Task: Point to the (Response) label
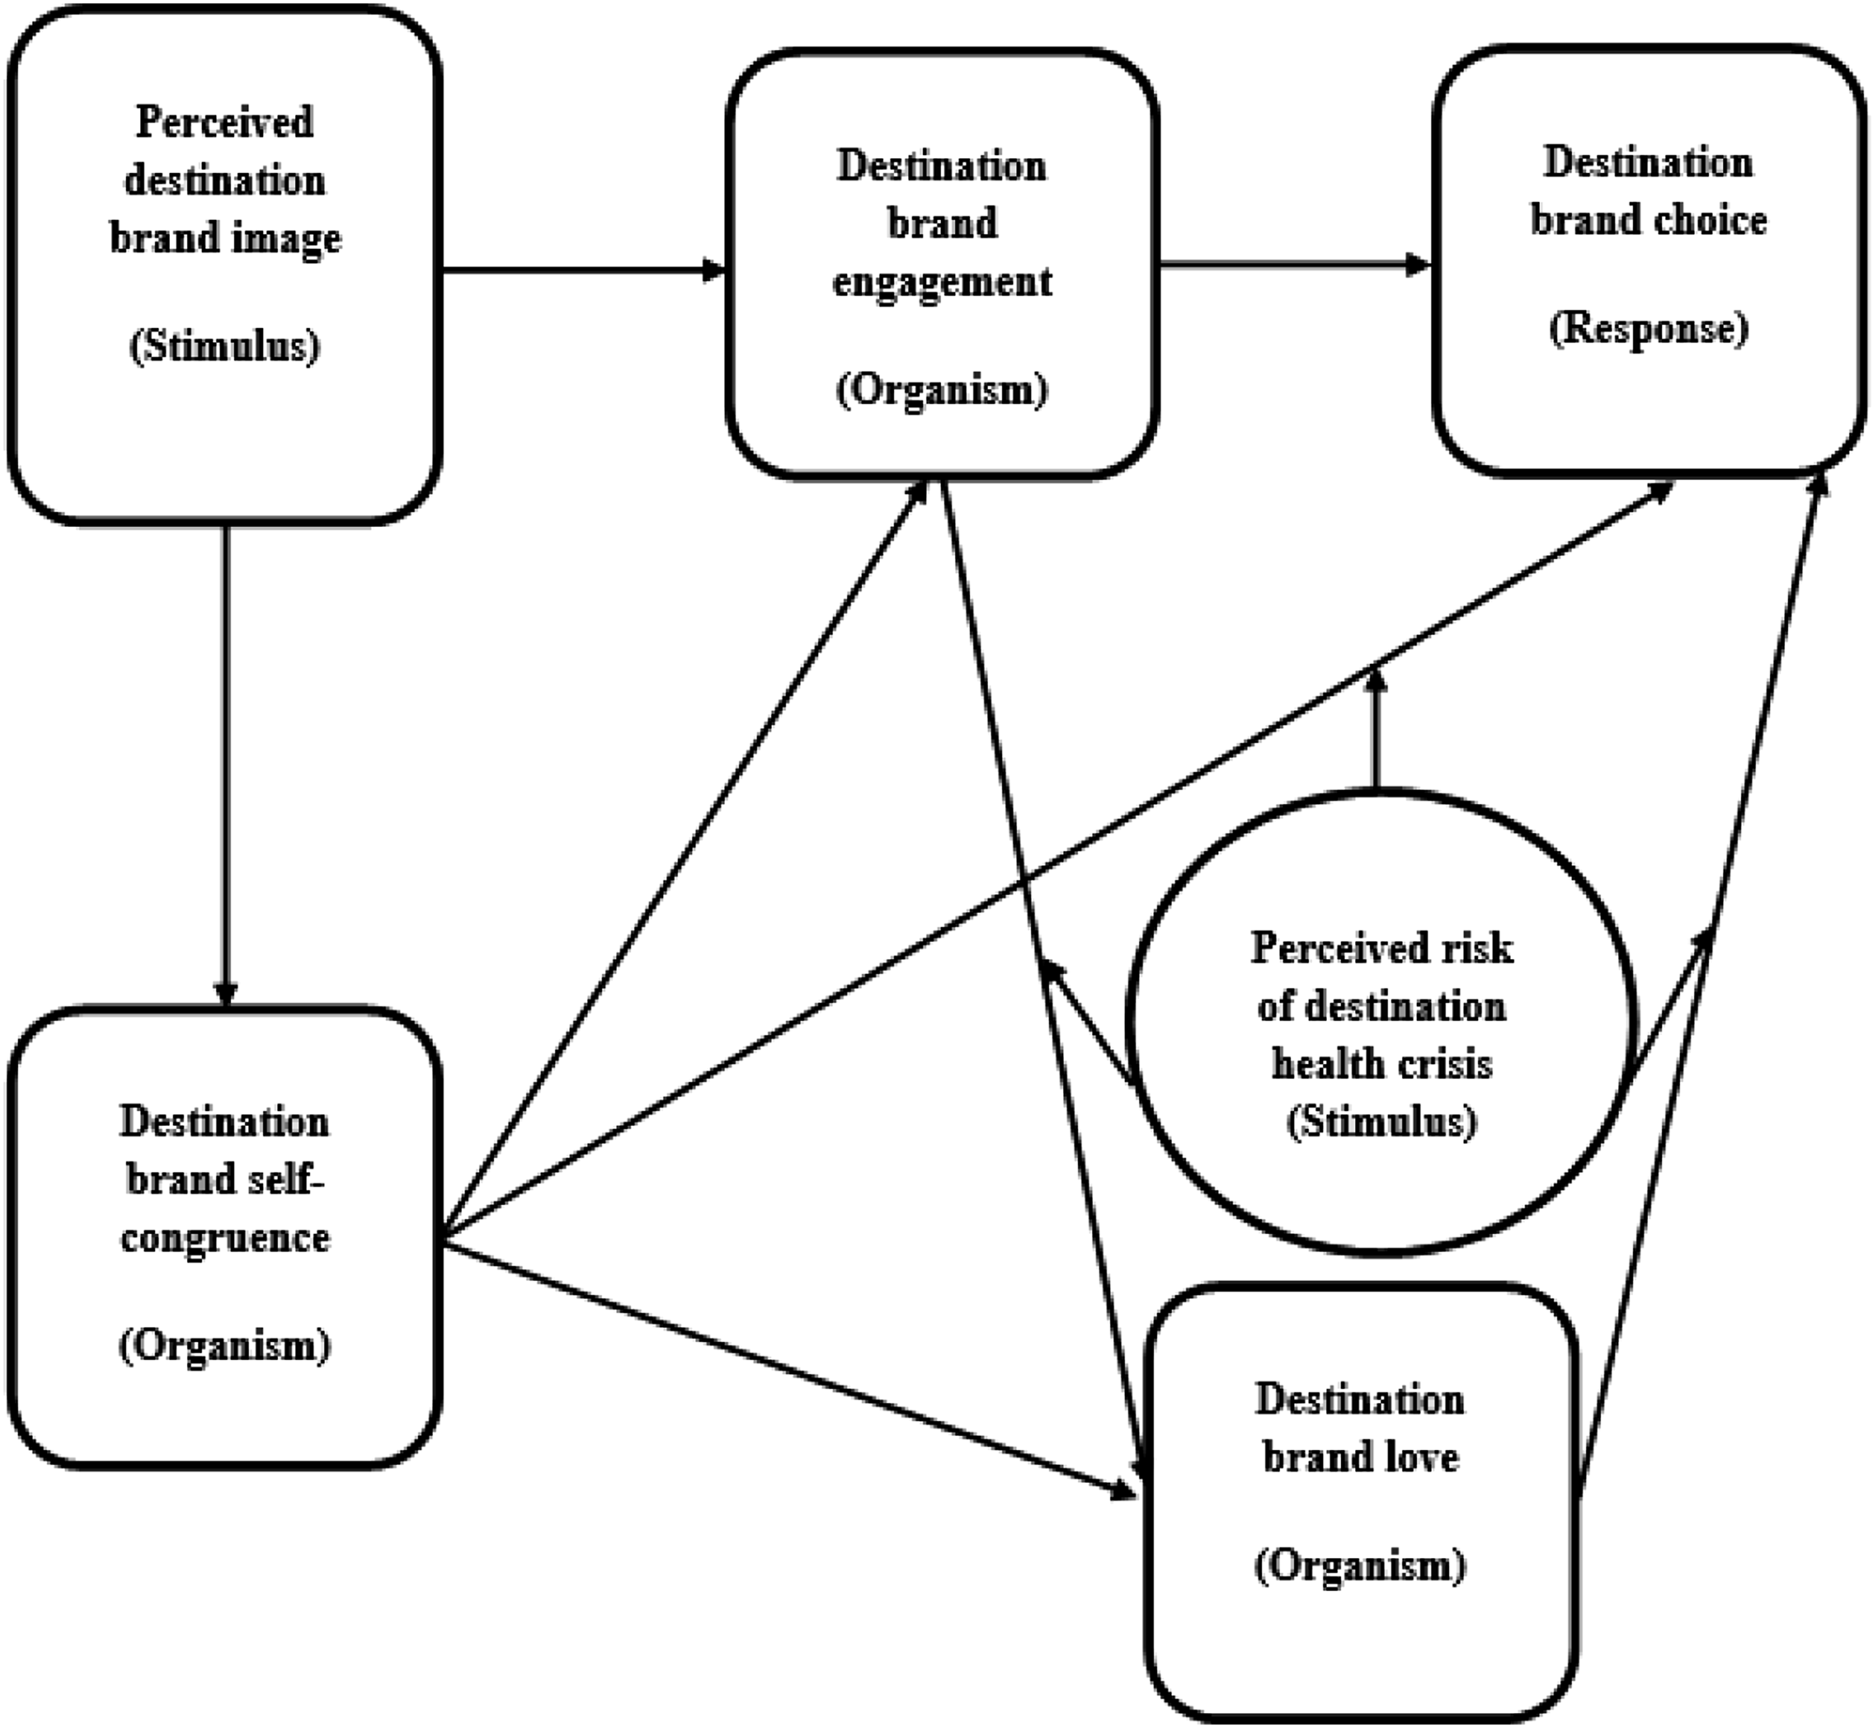[1649, 328]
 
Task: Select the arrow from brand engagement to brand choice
[1296, 266]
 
